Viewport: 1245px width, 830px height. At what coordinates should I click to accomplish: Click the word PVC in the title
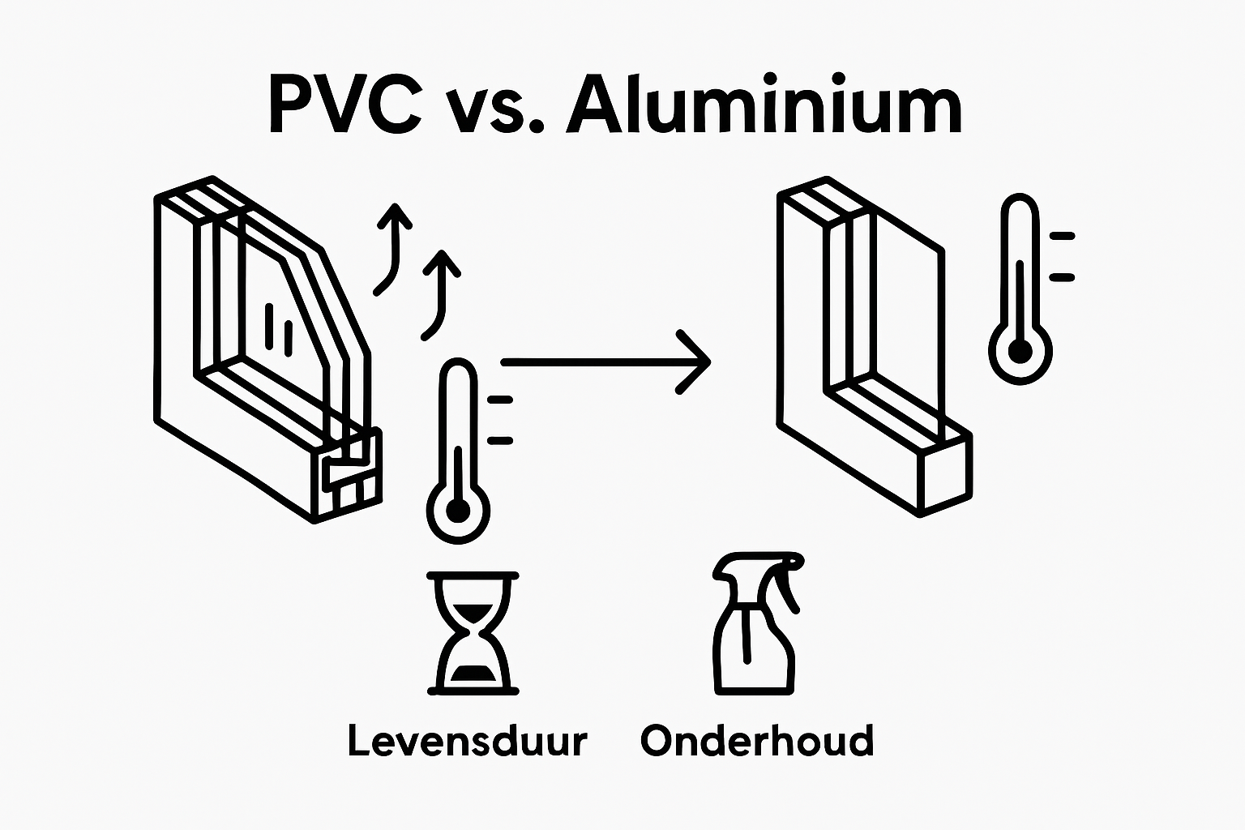tap(344, 108)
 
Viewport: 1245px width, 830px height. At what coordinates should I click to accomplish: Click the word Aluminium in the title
tap(764, 108)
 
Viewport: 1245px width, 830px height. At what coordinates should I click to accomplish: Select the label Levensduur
tap(467, 741)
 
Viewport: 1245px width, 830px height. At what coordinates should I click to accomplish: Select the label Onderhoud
tap(757, 741)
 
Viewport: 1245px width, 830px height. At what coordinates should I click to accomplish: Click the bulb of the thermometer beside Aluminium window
tap(1020, 353)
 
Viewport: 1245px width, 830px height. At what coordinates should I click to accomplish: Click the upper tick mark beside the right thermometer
tap(1061, 237)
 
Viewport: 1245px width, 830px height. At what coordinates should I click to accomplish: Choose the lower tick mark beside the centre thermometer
tap(500, 440)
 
